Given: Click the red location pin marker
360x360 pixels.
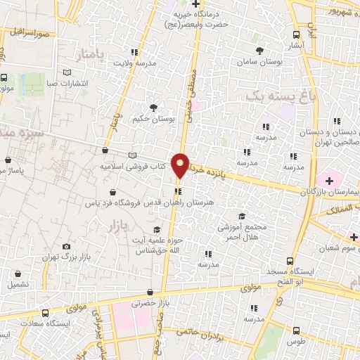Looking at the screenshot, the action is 181,165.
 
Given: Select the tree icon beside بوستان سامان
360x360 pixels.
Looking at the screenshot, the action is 259,51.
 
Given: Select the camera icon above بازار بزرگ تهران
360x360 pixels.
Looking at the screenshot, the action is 66,247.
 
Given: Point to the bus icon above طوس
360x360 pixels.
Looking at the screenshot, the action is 296,330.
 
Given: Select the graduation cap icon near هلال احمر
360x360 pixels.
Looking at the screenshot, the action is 243,216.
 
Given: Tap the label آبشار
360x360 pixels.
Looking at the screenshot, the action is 297,45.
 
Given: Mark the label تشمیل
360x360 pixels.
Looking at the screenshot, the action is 18,285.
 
